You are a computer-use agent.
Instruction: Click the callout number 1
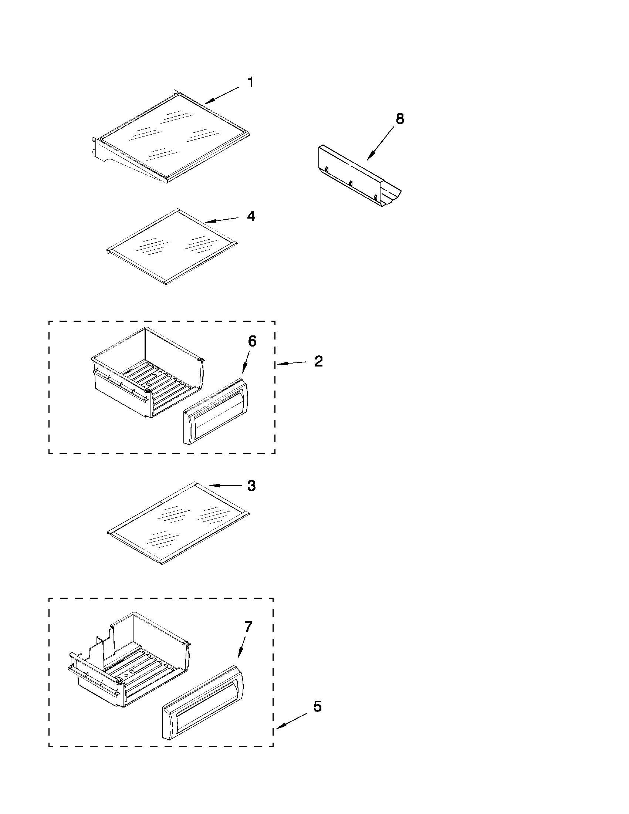(251, 83)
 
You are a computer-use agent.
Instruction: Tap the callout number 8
(399, 119)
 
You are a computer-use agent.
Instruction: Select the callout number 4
(251, 217)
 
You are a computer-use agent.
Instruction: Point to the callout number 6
(252, 341)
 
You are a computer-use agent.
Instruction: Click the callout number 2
(318, 361)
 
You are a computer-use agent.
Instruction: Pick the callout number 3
(251, 486)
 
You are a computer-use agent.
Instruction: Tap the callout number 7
(248, 627)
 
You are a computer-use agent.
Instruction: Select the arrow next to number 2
(293, 363)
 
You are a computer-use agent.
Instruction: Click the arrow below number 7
(241, 647)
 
